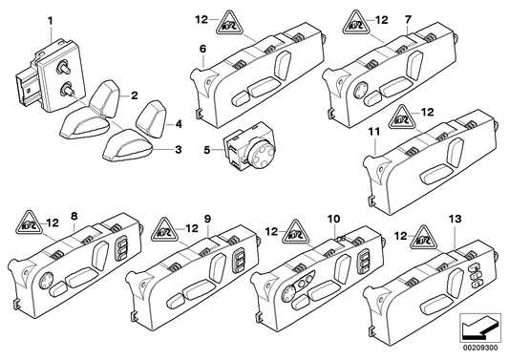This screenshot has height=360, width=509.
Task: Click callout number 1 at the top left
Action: (51, 20)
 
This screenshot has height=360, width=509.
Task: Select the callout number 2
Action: (135, 95)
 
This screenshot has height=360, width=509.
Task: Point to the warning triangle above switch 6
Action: (231, 18)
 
